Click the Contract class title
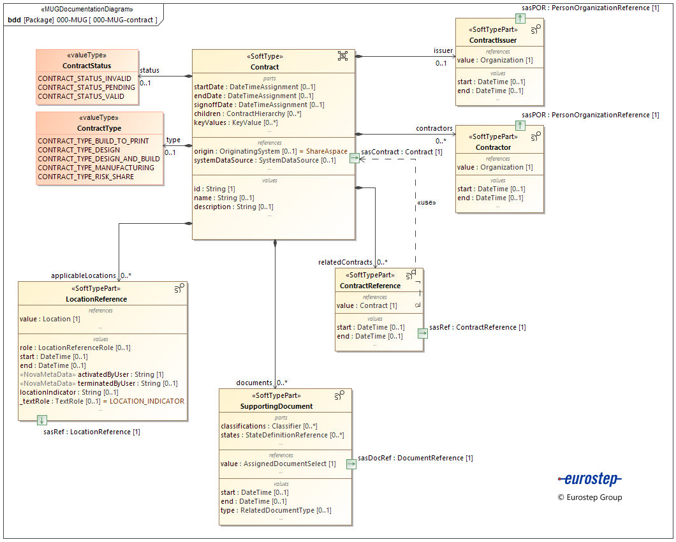265,67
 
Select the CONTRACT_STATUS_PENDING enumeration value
86,87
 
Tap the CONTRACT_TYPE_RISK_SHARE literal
85,177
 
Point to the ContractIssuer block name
493,40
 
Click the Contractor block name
493,147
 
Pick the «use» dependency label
426,202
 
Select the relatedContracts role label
345,262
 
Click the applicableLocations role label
84,275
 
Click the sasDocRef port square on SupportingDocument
351,464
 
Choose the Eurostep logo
589,479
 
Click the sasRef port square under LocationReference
41,420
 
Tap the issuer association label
443,50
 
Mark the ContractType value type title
99,128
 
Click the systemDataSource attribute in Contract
265,160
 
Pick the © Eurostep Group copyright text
589,497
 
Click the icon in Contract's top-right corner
342,56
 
